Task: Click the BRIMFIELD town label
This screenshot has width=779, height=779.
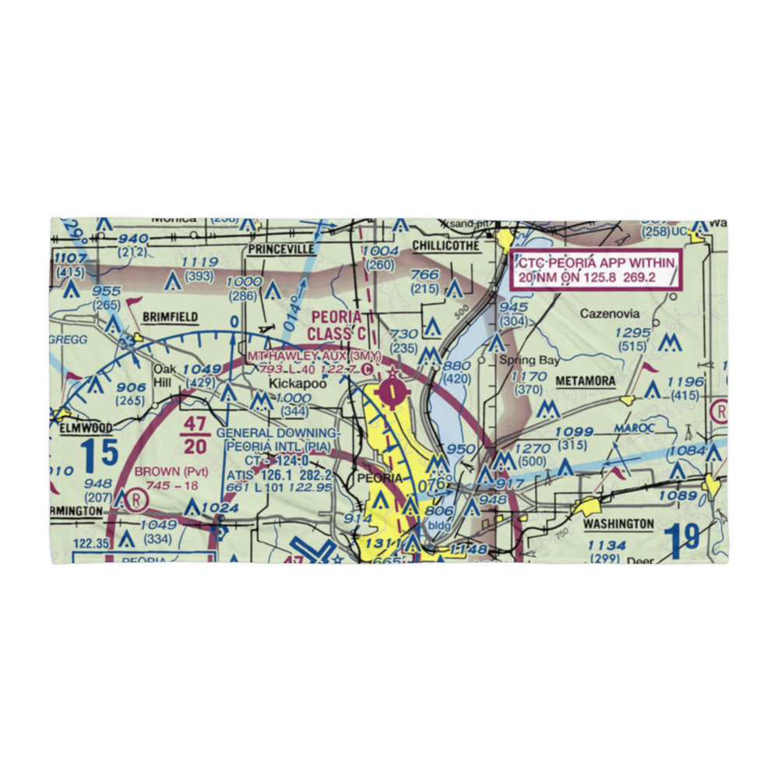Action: click(x=170, y=317)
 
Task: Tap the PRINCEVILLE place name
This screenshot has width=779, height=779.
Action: click(x=280, y=249)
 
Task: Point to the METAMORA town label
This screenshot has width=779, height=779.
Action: click(x=585, y=381)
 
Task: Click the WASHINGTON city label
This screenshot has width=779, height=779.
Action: click(x=619, y=524)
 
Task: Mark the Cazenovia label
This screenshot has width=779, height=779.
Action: click(x=610, y=314)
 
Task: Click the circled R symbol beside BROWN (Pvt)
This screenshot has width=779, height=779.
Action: click(x=138, y=497)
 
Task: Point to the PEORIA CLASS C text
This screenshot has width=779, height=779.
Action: click(x=337, y=326)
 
